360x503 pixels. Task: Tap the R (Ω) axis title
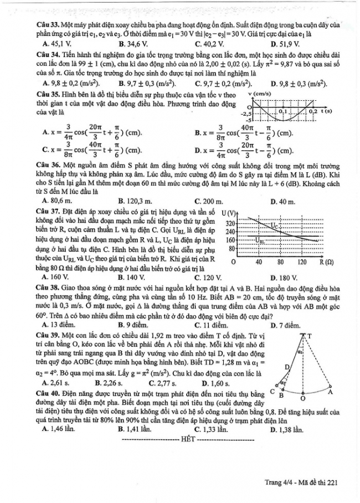(x=326, y=261)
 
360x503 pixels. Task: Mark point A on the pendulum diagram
(x=330, y=391)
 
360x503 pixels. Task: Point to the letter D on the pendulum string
(x=287, y=367)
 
